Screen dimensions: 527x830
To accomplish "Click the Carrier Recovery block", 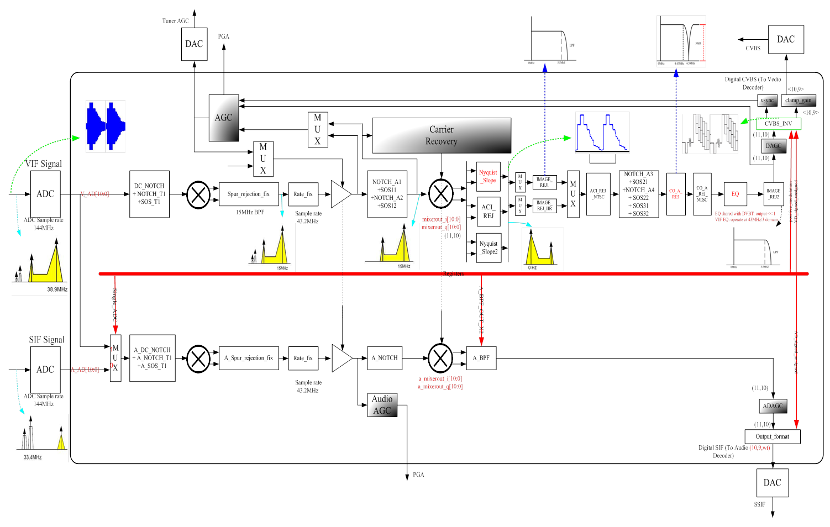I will [x=441, y=135].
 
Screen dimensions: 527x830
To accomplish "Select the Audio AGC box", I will [x=382, y=405].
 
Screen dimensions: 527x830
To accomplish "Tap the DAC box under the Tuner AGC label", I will [x=194, y=44].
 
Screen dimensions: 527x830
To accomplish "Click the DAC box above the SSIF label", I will [x=772, y=483].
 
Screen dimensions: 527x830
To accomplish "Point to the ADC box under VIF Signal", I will [x=45, y=194].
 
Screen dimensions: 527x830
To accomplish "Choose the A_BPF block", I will [x=481, y=358].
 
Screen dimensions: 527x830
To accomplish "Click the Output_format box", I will [x=772, y=436].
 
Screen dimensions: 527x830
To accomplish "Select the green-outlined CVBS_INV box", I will [x=778, y=124].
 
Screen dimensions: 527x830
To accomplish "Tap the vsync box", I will [x=767, y=101].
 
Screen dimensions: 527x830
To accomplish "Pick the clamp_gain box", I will [x=799, y=101].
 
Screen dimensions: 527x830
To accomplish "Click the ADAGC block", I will [x=773, y=406].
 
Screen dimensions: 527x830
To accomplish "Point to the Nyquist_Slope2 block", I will [x=488, y=247].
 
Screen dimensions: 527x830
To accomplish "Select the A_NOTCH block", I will [x=384, y=358].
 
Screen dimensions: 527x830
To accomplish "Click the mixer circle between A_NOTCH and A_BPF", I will [x=440, y=358].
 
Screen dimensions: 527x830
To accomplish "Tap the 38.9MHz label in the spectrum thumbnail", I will [x=57, y=289].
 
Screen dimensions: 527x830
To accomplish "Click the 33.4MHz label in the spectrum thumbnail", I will [x=33, y=457].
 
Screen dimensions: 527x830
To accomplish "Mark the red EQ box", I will [x=735, y=194].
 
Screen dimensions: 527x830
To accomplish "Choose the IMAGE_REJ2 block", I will [x=773, y=194].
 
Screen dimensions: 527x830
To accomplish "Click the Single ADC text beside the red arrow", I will [x=115, y=305].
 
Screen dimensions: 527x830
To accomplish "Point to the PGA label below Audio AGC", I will [x=418, y=475].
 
